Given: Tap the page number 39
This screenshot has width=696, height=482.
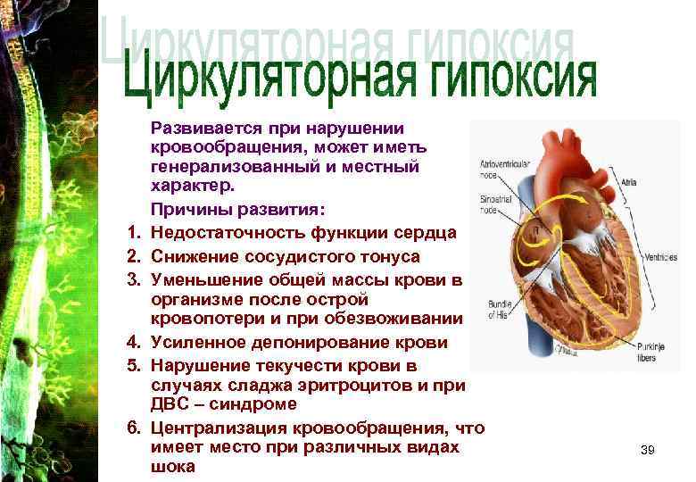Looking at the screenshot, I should pyautogui.click(x=648, y=450).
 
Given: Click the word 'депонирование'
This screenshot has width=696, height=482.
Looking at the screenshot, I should pyautogui.click(x=294, y=341).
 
